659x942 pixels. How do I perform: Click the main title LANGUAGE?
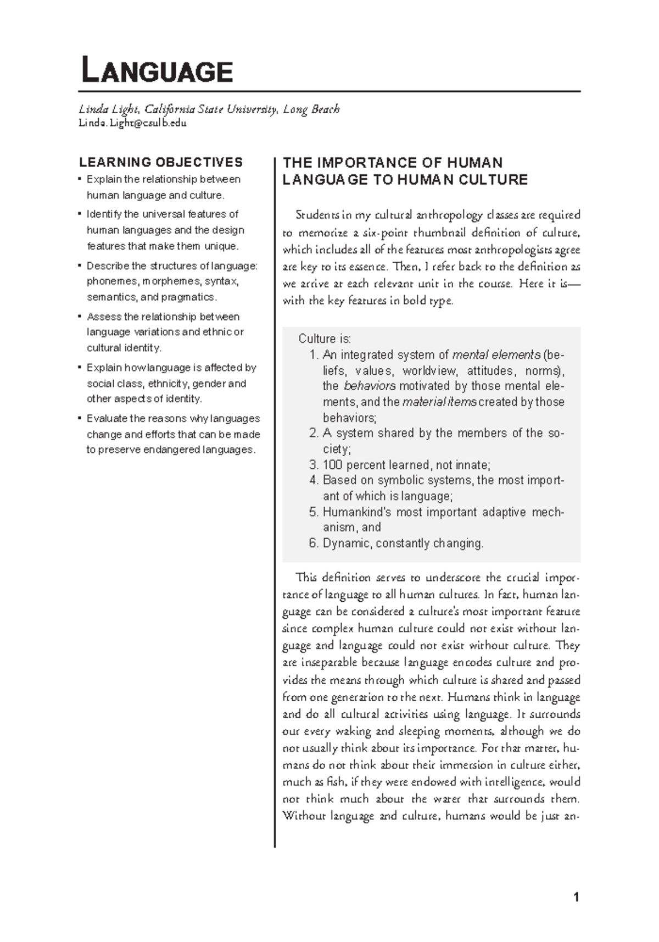(x=157, y=71)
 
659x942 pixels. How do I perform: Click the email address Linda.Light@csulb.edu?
(x=132, y=123)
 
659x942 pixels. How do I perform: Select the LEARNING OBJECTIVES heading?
(x=160, y=162)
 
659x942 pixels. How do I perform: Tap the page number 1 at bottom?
(x=576, y=897)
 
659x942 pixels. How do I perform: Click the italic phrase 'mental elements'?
(x=495, y=354)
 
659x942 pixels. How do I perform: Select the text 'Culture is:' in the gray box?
(x=324, y=339)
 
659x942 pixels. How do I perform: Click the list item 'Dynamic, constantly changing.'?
(x=403, y=544)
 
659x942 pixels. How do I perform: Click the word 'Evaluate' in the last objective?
(x=105, y=418)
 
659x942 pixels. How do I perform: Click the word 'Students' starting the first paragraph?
(x=315, y=215)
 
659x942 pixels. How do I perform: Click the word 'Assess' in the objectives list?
(x=101, y=317)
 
